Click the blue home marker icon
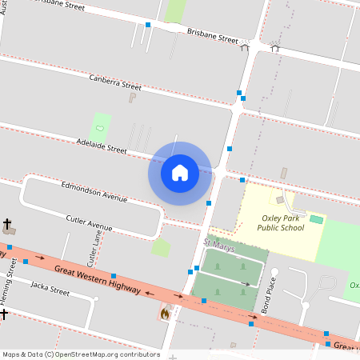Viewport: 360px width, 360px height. [180, 173]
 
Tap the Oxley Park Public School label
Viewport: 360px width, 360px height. [281, 222]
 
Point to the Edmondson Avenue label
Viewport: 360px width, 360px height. [94, 190]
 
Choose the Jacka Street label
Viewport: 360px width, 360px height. [50, 287]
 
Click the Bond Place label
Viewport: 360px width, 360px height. [270, 294]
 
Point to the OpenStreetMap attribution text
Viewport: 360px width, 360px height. [81, 354]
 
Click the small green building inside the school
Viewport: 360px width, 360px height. [317, 219]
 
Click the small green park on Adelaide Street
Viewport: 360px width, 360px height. [101, 126]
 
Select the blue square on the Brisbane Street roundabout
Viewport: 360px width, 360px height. [148, 26]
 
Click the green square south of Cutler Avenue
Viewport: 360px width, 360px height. [161, 247]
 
